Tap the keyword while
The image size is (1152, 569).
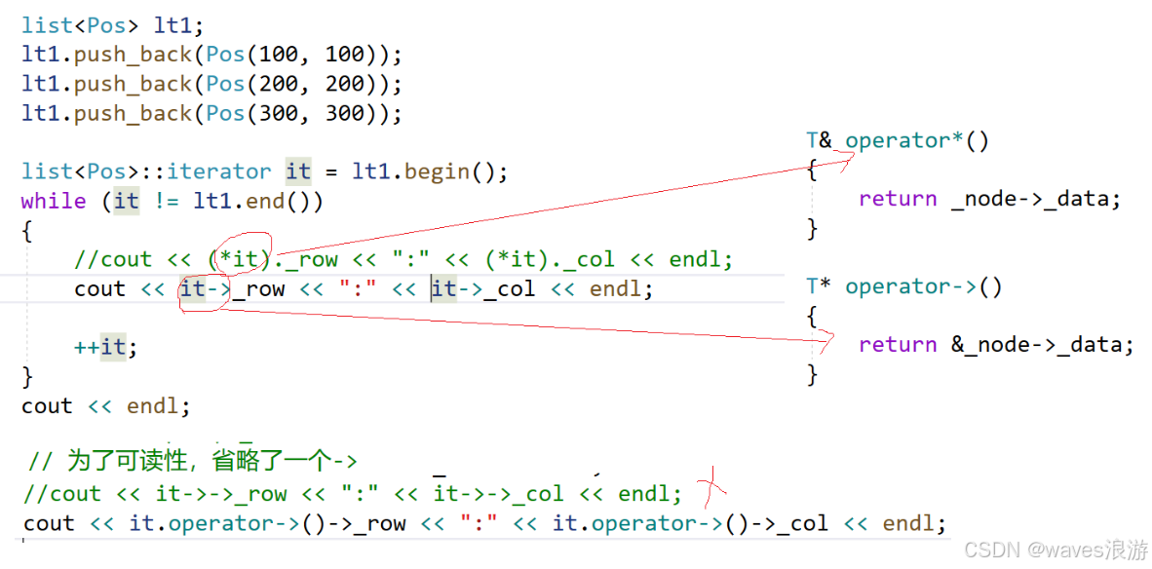pos(54,201)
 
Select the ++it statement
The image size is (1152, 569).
pos(105,347)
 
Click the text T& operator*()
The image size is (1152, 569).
pos(898,141)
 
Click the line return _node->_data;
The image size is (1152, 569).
pos(989,200)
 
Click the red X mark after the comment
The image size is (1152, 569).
pos(716,482)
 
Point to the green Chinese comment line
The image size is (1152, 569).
pos(193,461)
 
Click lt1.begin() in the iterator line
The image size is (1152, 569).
pos(430,171)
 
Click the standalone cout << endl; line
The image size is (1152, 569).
pos(105,405)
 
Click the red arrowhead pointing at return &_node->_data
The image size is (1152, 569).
pos(828,341)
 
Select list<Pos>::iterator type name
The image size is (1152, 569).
pos(146,171)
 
